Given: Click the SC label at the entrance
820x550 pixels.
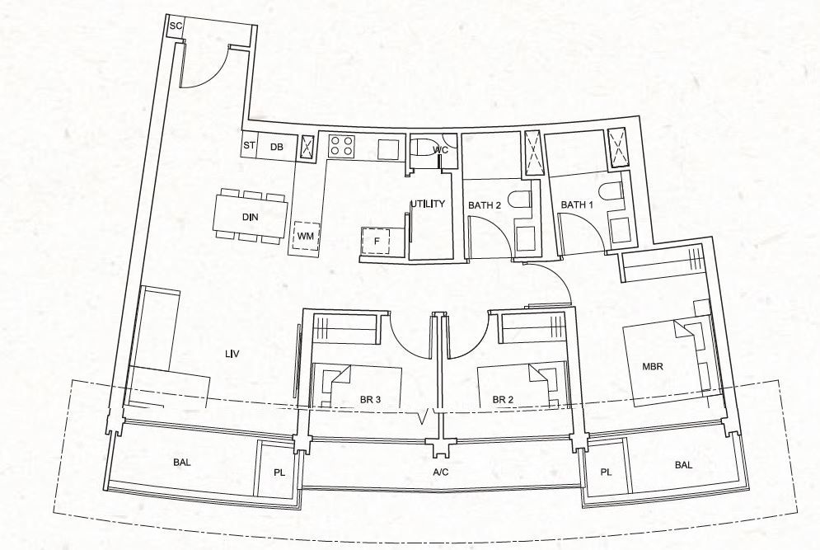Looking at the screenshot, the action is (x=176, y=26).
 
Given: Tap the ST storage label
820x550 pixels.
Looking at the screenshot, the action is (x=249, y=145).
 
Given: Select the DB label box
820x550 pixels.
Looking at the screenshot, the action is (x=277, y=147).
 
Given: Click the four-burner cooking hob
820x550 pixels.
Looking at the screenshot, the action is (x=342, y=145).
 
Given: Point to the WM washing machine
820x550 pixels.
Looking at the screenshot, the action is (x=306, y=236).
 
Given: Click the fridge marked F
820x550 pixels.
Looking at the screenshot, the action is (x=376, y=242).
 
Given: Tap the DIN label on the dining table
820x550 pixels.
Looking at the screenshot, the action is (x=250, y=217).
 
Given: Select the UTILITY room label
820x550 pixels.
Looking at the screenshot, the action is (x=427, y=204).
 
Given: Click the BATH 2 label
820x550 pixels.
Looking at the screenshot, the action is (x=485, y=205).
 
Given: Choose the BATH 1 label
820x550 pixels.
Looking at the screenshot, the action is (x=577, y=204).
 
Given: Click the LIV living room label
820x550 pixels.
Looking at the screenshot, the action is (x=232, y=355).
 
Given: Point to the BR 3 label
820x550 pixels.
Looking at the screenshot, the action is (x=370, y=400).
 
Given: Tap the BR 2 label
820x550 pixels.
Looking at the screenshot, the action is (x=503, y=400).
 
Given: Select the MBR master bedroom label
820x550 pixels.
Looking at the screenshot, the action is (x=653, y=366).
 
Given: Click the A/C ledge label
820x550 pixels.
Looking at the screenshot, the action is (x=441, y=472).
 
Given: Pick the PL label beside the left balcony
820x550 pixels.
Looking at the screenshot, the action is (x=279, y=472).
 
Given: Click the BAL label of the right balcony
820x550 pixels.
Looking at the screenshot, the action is (x=683, y=465).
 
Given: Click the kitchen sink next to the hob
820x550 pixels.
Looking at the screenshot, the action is (x=388, y=149).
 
